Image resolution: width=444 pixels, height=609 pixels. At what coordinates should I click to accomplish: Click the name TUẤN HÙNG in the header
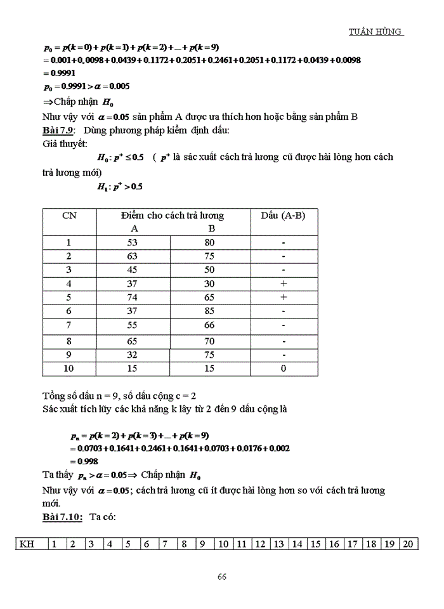(376, 32)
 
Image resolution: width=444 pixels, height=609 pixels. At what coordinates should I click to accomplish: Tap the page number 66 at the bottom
(222, 577)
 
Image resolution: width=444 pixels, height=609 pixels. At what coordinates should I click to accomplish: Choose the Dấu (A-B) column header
(283, 215)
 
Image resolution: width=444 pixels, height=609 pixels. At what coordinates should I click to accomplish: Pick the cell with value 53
(133, 242)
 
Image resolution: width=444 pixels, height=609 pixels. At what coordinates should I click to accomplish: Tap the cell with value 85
(210, 311)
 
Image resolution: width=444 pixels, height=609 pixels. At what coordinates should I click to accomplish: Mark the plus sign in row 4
(284, 284)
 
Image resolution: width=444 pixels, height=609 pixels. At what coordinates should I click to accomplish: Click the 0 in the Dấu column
(284, 368)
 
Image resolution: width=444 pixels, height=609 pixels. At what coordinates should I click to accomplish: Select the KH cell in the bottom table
(27, 544)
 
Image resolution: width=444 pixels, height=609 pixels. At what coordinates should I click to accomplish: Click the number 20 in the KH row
(408, 544)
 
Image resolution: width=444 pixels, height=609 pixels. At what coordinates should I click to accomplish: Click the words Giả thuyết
(48, 143)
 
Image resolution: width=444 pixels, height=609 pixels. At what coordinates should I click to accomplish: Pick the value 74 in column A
(133, 297)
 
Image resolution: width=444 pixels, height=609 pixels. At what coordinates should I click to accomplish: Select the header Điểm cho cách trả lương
(172, 215)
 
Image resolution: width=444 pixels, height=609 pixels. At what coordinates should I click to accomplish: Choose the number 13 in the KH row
(278, 544)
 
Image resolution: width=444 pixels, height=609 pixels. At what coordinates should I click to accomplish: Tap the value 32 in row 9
(133, 355)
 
